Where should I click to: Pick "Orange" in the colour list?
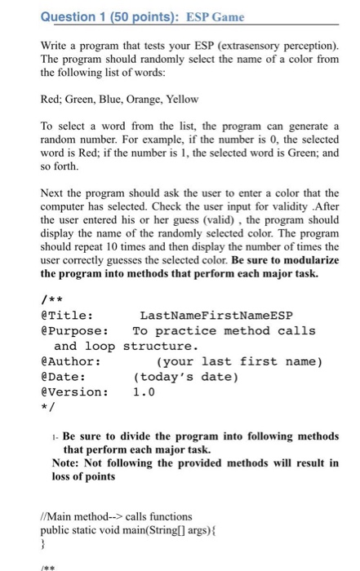[142, 100]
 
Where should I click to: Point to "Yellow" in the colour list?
[182, 100]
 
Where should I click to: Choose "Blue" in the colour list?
[105, 100]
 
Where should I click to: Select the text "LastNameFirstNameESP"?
[216, 316]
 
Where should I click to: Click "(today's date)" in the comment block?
[184, 376]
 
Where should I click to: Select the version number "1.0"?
[144, 391]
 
